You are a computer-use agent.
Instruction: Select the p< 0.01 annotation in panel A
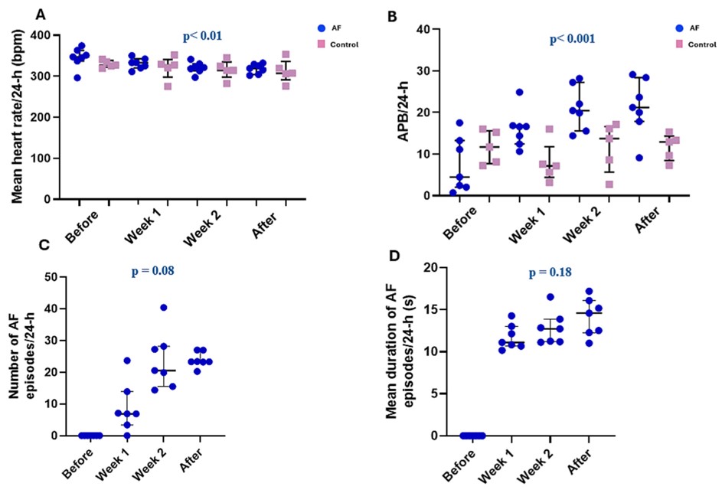[x=203, y=36]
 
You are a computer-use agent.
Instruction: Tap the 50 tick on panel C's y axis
[x=50, y=276]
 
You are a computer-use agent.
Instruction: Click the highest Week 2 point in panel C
[x=164, y=308]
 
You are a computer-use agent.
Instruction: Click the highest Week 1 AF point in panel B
[x=519, y=93]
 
